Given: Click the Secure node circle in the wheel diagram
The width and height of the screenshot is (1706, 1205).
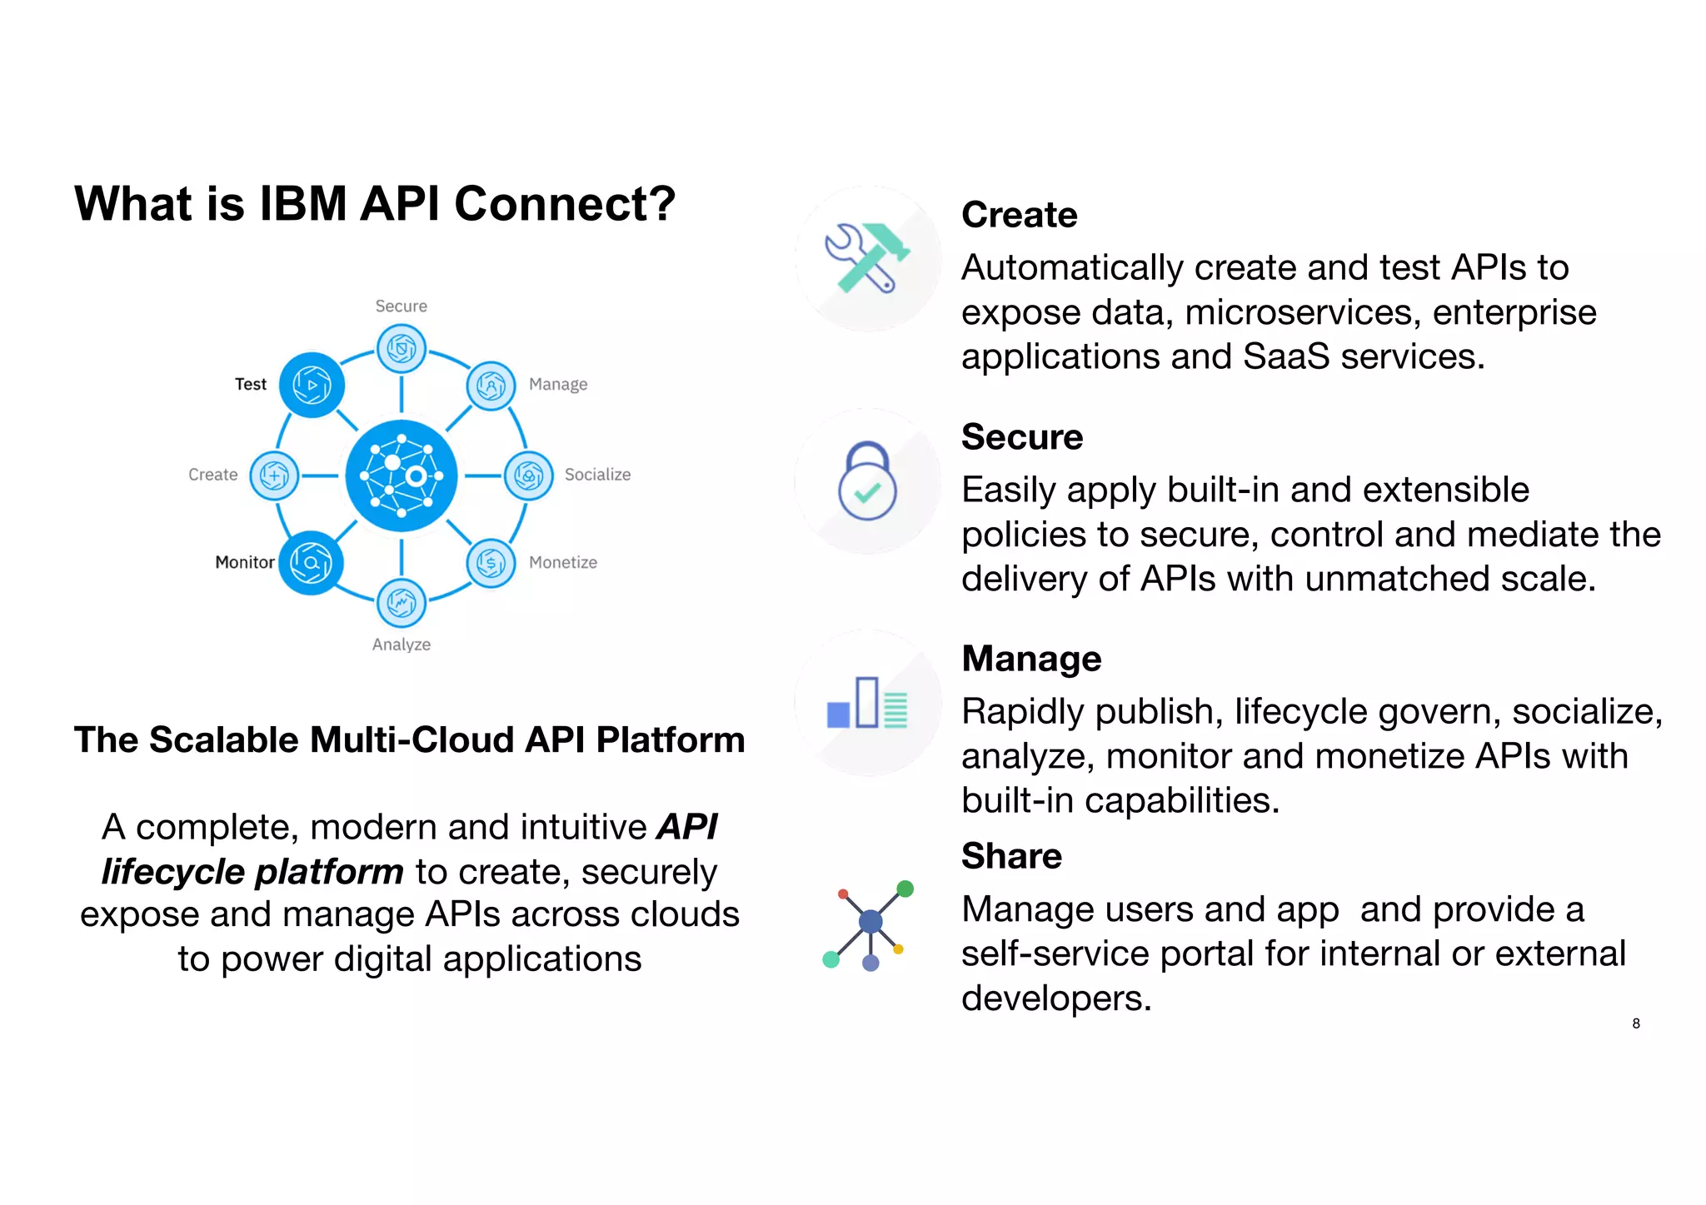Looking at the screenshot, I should pos(402,348).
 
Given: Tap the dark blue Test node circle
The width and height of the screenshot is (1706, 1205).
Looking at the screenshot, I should pos(312,385).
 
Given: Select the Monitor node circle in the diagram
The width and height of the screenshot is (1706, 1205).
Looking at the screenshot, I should pos(311,563).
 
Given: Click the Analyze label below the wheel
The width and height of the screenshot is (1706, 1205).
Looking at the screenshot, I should pos(401,645).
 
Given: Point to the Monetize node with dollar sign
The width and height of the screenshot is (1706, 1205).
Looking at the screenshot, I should pos(491,564).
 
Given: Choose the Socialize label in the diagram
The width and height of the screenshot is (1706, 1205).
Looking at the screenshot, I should pos(597,475).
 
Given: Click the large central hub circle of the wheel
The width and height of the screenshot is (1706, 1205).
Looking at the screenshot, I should pos(402,476).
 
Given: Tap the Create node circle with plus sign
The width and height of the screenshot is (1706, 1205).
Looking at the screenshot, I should pos(274,476).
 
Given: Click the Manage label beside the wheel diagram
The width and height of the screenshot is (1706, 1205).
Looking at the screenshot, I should pos(558,385).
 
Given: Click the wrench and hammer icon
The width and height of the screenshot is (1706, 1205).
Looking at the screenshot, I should pos(867,258).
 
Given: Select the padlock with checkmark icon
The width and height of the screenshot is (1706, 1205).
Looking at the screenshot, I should pos(867,481).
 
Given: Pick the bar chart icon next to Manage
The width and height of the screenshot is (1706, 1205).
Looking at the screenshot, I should pos(867,704).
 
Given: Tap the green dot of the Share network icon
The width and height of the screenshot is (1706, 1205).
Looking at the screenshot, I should pos(905,889).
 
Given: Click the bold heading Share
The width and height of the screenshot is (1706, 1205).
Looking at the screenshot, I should pos(1011,856).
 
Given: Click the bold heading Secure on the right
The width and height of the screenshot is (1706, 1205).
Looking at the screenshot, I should pos(1022,437).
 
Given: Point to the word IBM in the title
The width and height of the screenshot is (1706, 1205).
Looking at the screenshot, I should pos(302,204).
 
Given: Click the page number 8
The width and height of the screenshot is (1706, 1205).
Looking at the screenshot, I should pos(1636,1023).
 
